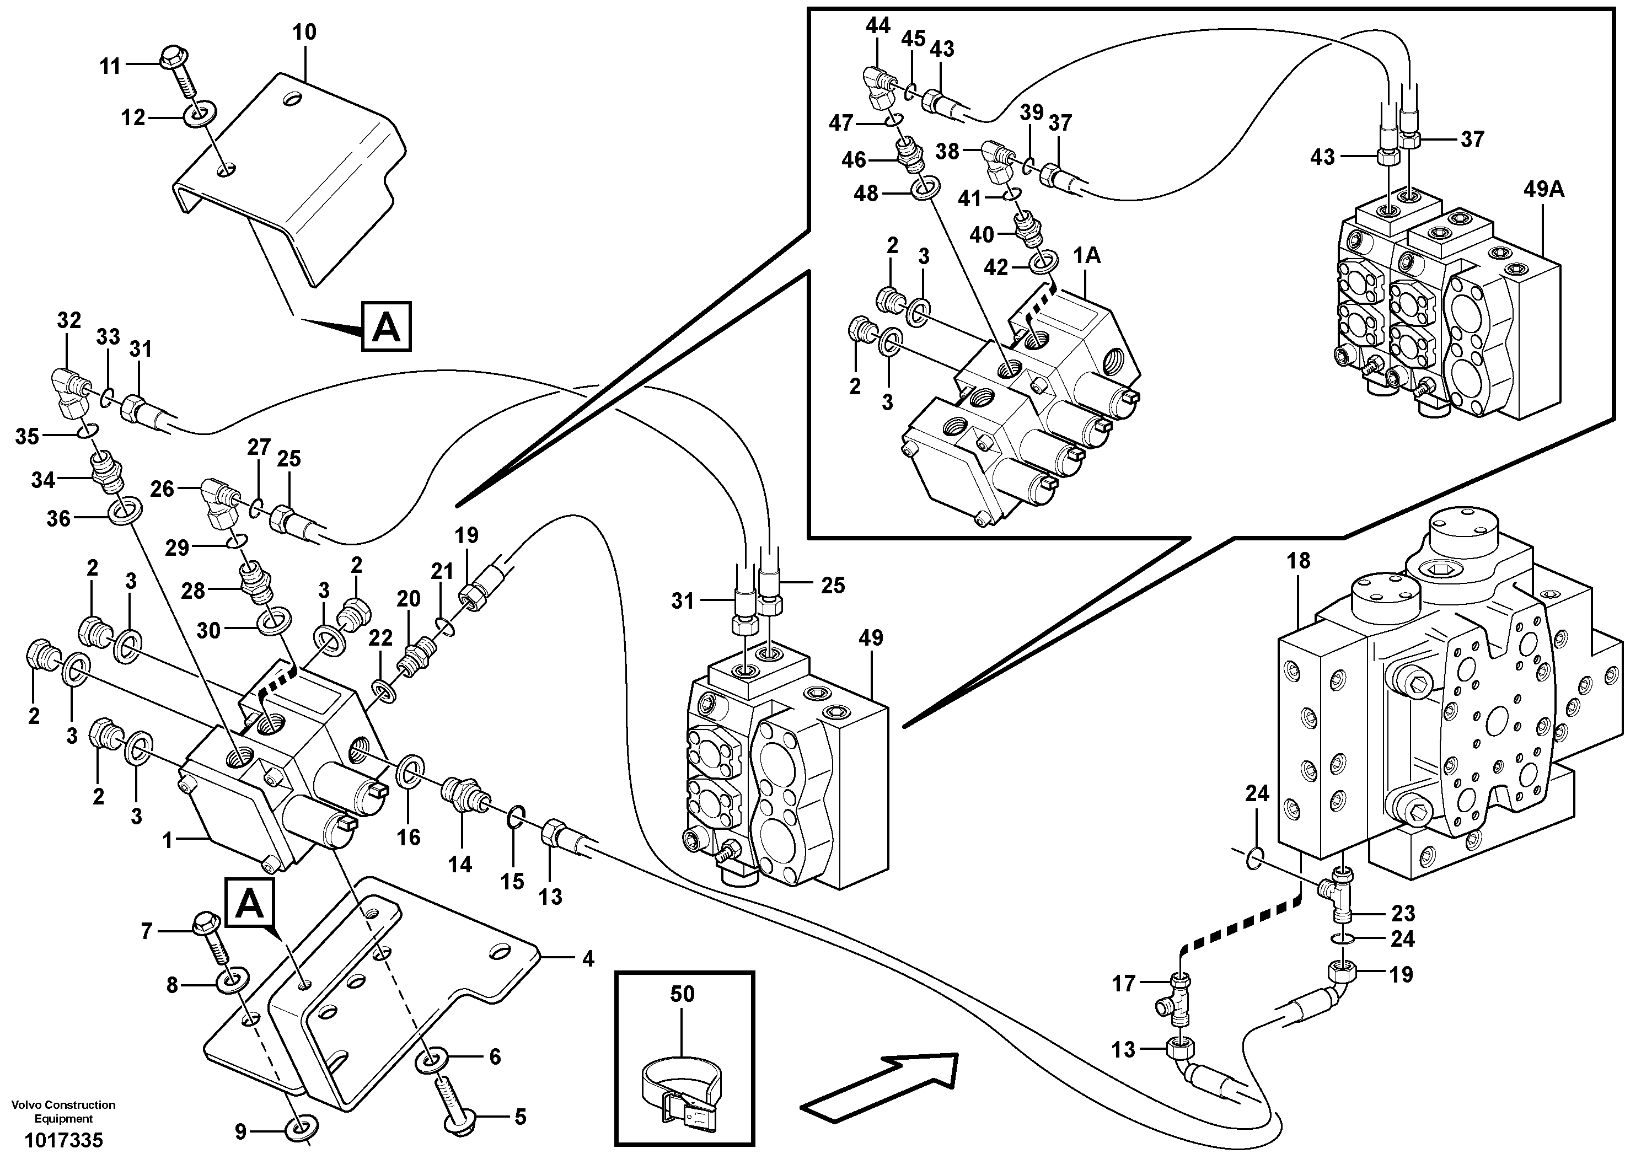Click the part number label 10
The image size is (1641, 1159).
pos(304,32)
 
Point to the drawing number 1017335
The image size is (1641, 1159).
pos(63,1140)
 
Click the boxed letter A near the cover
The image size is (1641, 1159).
pos(386,328)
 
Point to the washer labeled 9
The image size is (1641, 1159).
pos(301,1130)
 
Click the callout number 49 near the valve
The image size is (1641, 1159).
pos(871,638)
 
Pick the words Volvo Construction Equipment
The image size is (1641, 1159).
pos(63,1111)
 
